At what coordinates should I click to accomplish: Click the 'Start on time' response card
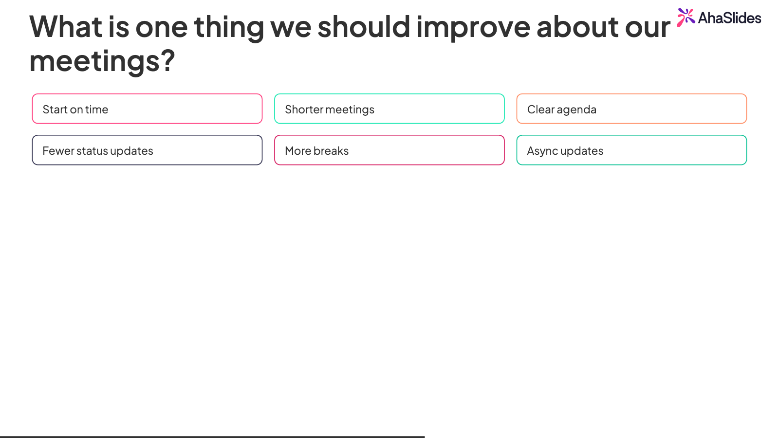147,109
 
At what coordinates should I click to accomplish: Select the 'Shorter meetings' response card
389,109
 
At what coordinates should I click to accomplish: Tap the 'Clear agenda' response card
631,109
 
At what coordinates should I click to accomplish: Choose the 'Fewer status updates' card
147,150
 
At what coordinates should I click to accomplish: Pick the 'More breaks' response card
389,150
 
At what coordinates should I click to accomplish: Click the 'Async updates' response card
631,150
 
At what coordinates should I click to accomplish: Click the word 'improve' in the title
473,28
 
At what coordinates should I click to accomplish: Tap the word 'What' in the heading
66,26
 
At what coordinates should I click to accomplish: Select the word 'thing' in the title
229,28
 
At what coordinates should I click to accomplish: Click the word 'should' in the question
364,26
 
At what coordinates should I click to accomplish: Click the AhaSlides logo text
730,18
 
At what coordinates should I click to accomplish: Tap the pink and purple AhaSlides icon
686,18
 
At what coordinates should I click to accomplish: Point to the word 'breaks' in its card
331,150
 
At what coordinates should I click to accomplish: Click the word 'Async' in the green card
542,151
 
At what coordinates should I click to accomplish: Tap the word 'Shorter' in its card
304,109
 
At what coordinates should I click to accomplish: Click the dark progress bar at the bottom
212,437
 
